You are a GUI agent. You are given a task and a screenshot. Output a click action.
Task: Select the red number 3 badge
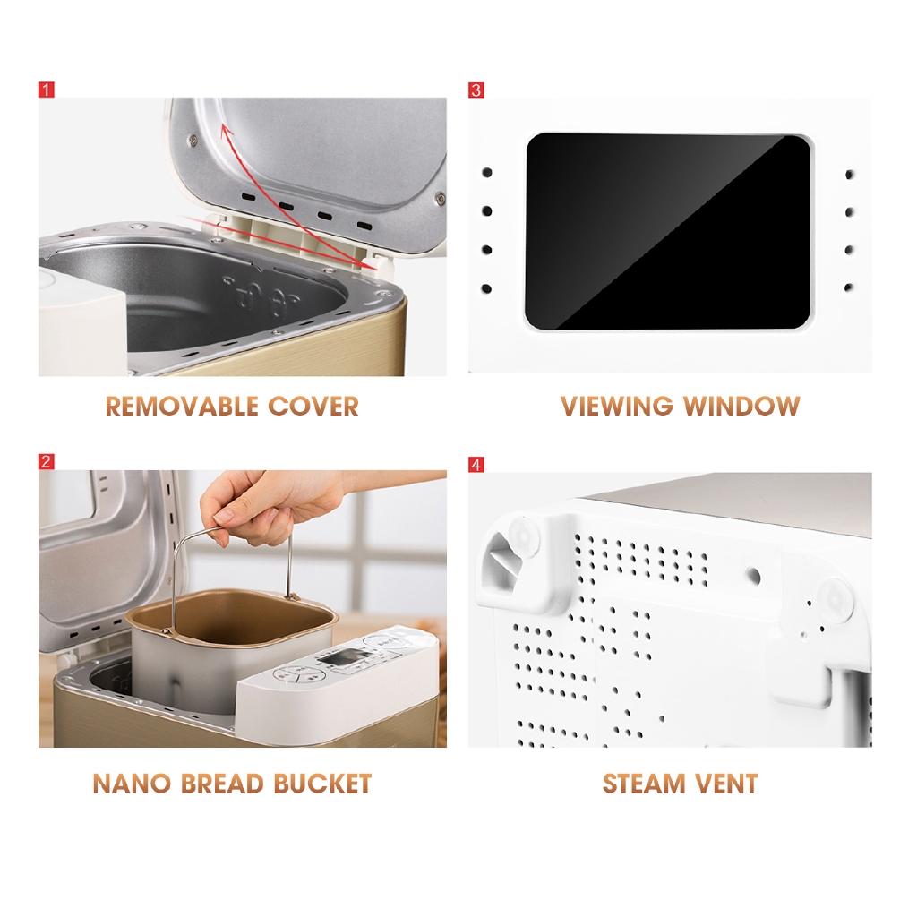click(476, 90)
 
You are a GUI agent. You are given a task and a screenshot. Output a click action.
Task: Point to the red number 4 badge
click(476, 464)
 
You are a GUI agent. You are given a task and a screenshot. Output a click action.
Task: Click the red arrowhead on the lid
click(226, 133)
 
